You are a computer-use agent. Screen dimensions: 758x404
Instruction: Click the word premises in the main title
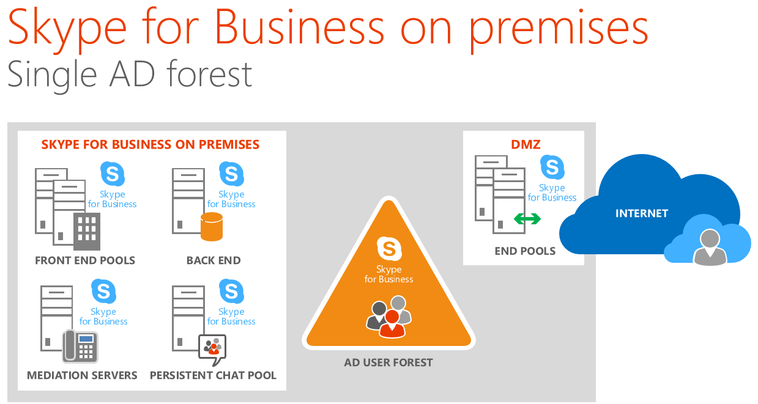(559, 30)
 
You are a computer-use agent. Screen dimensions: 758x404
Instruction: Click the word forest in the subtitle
(209, 74)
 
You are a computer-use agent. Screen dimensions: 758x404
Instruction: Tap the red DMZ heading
(526, 144)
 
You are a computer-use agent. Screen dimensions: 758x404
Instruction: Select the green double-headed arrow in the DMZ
(527, 219)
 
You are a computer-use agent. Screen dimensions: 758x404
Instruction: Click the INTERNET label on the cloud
(642, 213)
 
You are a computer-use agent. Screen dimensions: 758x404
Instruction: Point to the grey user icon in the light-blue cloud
(710, 247)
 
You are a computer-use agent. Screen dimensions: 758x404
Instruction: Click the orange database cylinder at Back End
(212, 227)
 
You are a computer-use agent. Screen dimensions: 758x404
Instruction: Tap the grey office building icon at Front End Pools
(87, 232)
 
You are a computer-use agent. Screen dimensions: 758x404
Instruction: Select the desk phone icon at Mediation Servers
(80, 346)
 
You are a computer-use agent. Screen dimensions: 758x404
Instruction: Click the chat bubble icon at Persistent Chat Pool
(212, 349)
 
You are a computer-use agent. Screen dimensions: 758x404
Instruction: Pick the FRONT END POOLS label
(85, 260)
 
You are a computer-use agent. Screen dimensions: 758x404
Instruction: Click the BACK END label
(214, 260)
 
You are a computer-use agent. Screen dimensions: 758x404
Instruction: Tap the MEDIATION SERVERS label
(82, 375)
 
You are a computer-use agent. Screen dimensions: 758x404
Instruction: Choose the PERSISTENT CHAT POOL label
(213, 375)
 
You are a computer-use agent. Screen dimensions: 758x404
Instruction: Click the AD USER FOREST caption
(388, 362)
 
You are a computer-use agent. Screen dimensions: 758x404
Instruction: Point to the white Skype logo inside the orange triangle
(389, 249)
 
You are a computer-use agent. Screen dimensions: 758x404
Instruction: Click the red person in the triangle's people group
(392, 325)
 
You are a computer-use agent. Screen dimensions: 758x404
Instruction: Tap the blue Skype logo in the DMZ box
(552, 167)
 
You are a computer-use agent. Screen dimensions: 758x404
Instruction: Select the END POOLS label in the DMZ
(525, 251)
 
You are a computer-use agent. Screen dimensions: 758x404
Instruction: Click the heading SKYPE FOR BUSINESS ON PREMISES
(150, 144)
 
